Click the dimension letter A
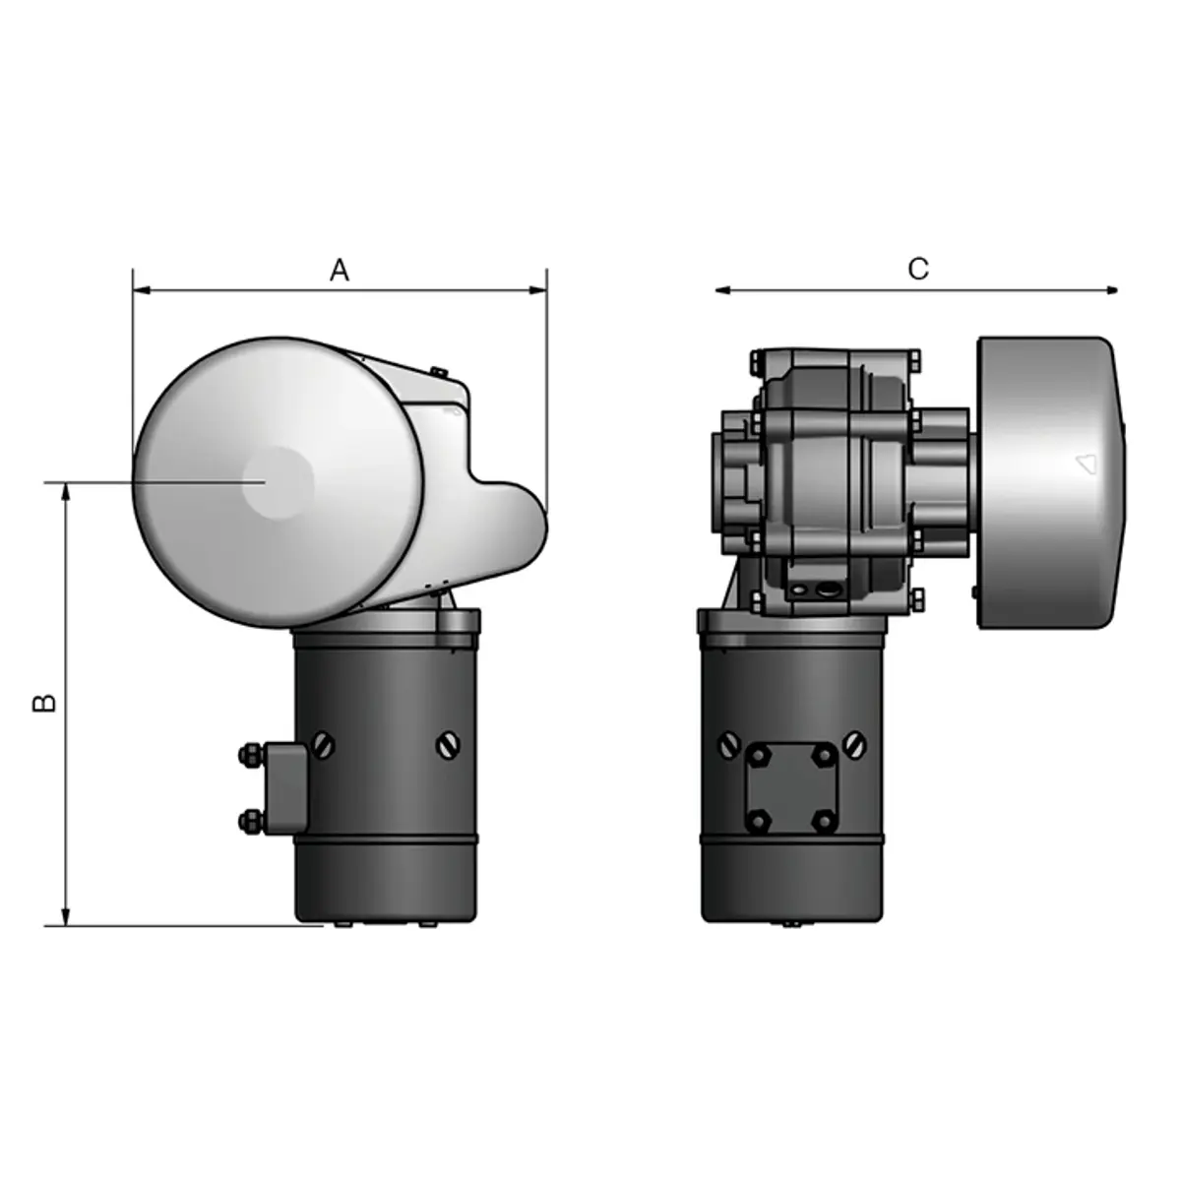[x=339, y=271]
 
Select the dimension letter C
[x=917, y=270]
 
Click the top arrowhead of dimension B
[x=67, y=490]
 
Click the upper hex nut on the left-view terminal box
[x=247, y=756]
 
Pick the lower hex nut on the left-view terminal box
[x=247, y=819]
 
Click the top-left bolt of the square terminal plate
[x=758, y=756]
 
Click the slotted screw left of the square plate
[x=728, y=745]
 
